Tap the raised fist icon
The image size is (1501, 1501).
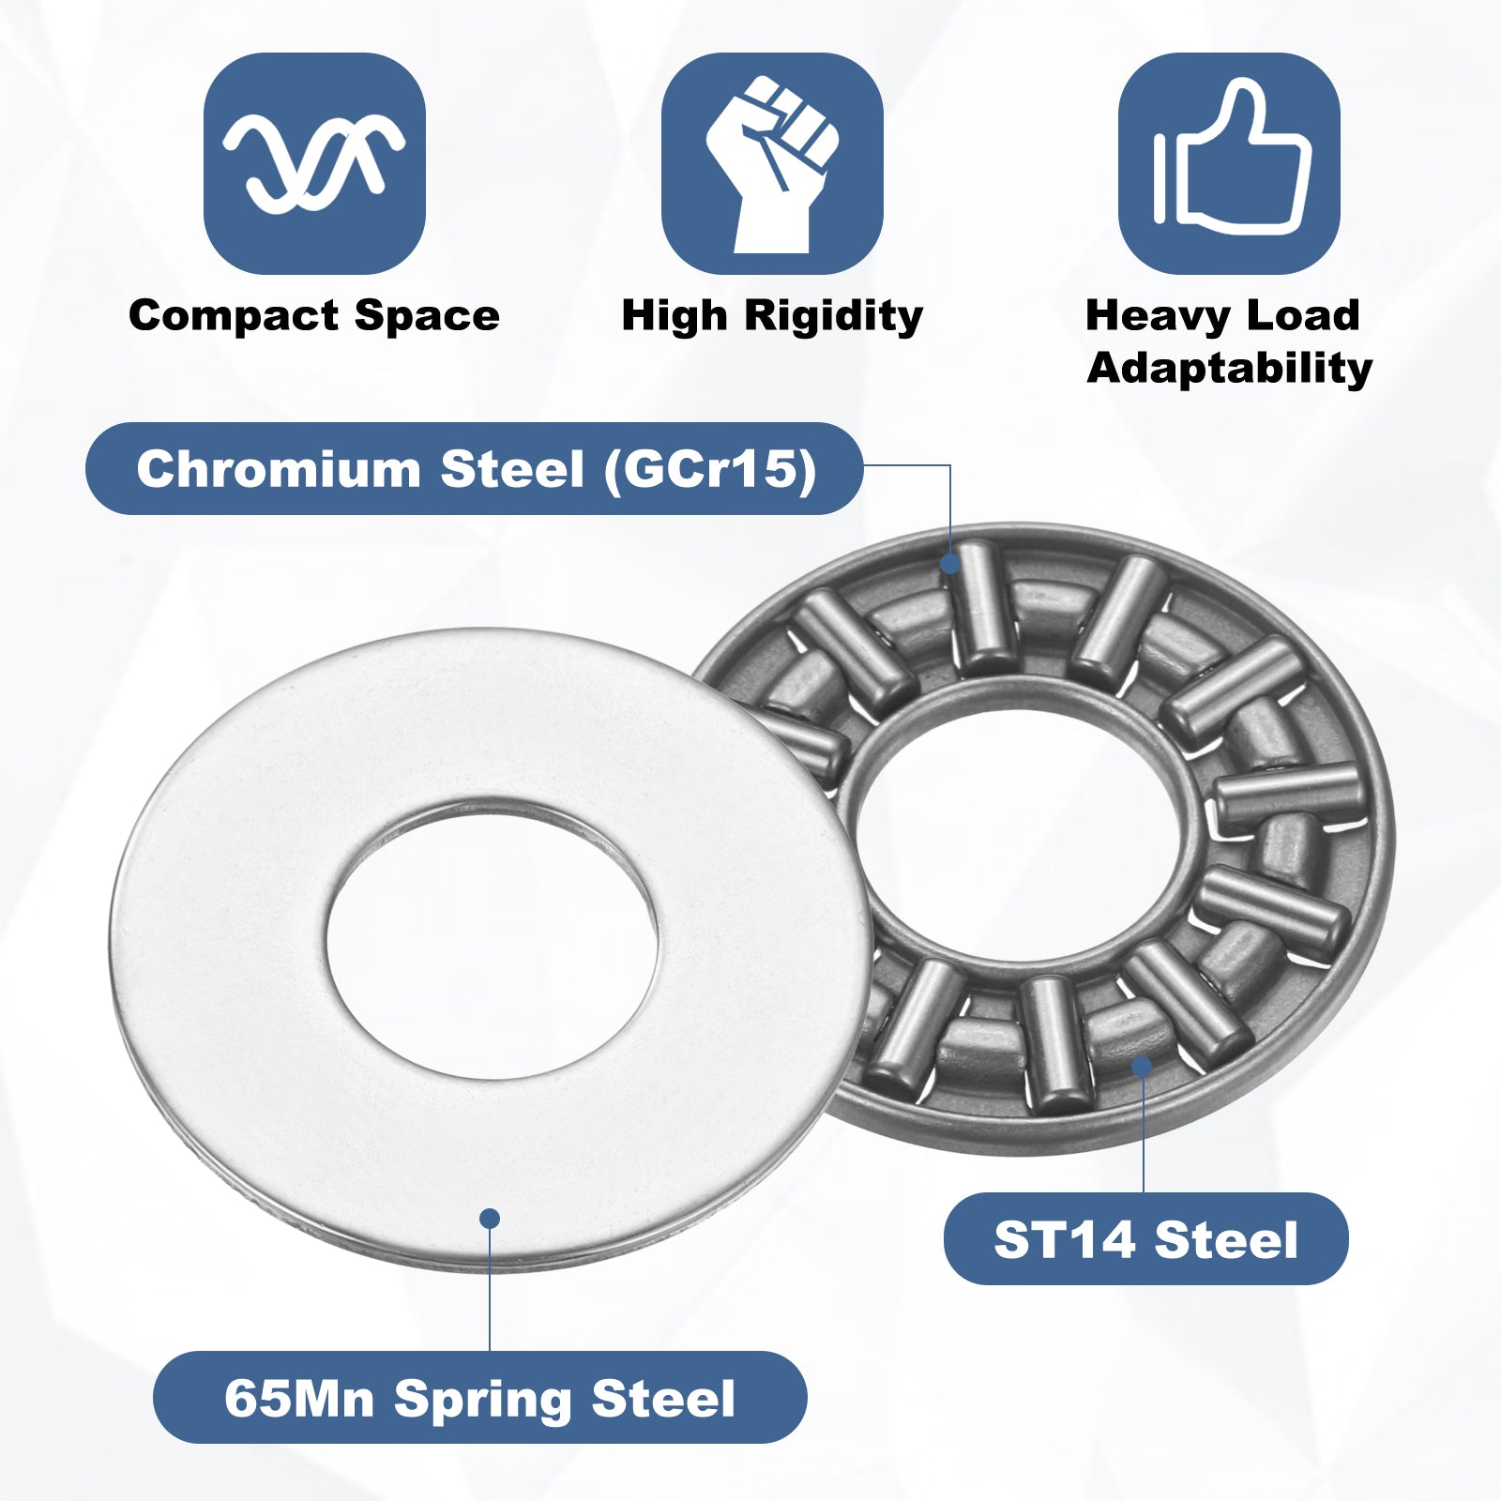coord(772,163)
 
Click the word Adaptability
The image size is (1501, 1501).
coord(1230,368)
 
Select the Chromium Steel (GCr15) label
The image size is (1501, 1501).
coord(475,468)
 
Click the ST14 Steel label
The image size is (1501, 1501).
coord(1145,1238)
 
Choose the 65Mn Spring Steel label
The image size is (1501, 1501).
coord(479,1397)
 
